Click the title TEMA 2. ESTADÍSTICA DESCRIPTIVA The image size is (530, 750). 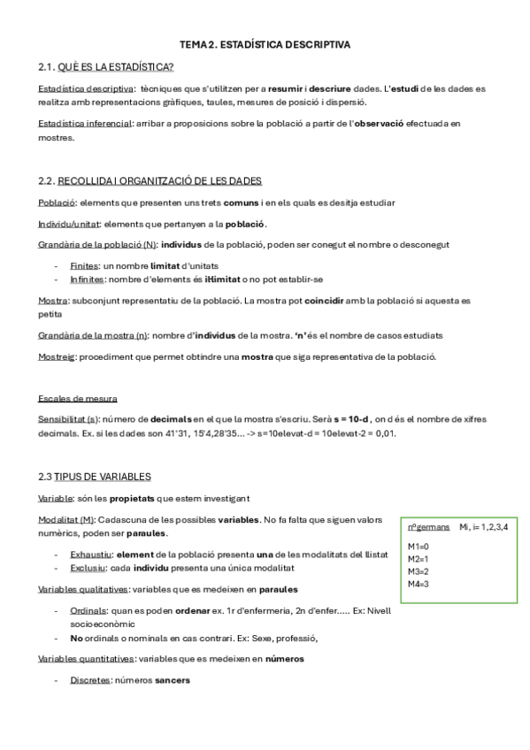(x=265, y=43)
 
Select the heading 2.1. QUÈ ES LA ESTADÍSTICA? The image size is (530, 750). (x=106, y=66)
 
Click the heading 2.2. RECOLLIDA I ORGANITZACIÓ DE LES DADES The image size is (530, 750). (x=150, y=180)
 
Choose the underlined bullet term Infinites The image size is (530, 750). (x=87, y=279)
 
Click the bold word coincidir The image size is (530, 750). (x=329, y=301)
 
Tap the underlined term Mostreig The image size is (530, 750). (x=58, y=356)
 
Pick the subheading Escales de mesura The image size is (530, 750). (x=78, y=398)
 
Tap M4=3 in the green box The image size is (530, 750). (x=418, y=584)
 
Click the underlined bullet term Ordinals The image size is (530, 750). (x=89, y=610)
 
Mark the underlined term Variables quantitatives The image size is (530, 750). (x=87, y=658)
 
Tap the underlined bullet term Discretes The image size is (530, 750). (x=90, y=680)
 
